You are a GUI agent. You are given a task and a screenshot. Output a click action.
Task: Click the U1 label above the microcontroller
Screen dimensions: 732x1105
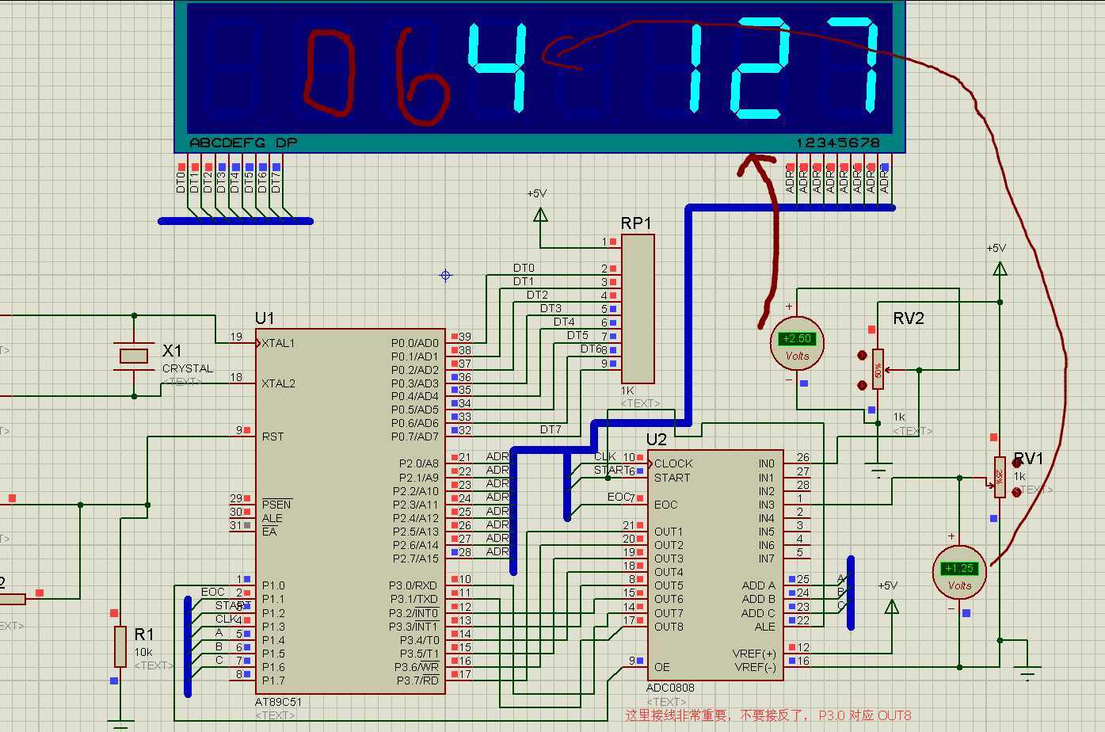pos(265,318)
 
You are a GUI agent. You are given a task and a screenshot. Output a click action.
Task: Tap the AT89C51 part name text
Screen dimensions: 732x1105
pos(278,702)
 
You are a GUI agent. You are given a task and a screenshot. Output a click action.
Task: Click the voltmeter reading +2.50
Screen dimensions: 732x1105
pos(798,339)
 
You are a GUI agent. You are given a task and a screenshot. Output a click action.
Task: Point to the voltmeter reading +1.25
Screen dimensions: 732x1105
pos(959,569)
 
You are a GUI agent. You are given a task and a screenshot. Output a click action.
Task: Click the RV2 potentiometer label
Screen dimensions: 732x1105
pos(909,318)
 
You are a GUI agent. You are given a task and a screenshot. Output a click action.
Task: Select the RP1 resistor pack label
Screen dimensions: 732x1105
pos(636,223)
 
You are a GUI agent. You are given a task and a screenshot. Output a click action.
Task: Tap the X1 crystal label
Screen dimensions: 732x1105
pos(172,351)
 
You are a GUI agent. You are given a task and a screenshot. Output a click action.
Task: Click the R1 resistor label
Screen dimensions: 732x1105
pos(144,635)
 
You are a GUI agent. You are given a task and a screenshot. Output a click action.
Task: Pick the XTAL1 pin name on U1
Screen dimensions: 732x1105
pos(278,343)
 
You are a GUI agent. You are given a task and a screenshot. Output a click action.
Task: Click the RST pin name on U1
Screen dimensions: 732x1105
pos(272,437)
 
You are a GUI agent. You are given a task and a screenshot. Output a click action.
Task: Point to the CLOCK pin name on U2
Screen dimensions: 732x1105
pos(673,463)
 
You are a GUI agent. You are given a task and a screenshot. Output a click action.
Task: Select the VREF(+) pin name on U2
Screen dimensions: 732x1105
pos(754,654)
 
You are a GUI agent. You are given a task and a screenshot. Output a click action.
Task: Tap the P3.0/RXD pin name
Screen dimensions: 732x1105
pos(413,585)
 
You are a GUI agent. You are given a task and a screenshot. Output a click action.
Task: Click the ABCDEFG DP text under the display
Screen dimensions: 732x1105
pos(243,143)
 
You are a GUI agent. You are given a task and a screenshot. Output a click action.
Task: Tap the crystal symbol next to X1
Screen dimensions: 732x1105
pos(134,356)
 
